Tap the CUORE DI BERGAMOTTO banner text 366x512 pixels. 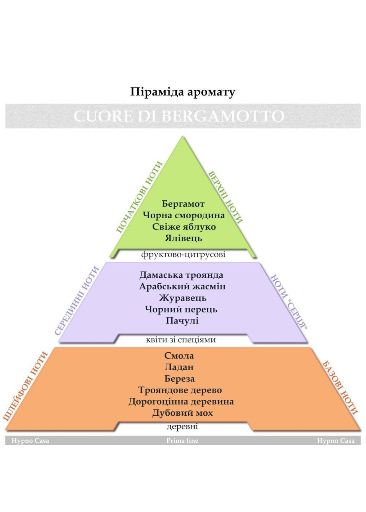(179, 116)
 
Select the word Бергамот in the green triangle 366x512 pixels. (183, 204)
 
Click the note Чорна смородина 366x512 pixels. (184, 215)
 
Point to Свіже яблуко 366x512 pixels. (184, 227)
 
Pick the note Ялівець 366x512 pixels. (183, 238)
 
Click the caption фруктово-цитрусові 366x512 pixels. (183, 254)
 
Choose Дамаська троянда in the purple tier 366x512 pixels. (181, 275)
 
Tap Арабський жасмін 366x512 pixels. (182, 287)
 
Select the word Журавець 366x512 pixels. (182, 298)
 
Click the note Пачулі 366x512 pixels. (182, 321)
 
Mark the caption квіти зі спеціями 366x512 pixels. (181, 340)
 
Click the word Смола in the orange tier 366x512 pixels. (179, 356)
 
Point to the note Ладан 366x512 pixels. (179, 367)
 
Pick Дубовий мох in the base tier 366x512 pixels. (182, 413)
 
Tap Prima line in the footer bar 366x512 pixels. (182, 441)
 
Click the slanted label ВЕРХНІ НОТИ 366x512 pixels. (225, 197)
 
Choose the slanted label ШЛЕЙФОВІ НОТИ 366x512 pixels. (25, 386)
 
